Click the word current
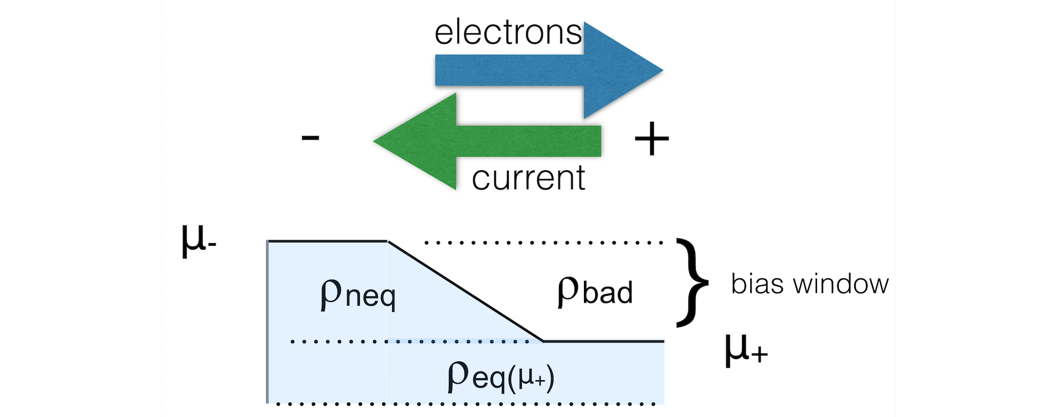coord(528,178)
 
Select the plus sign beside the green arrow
coord(651,139)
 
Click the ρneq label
coord(358,293)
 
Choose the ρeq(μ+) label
coord(501,376)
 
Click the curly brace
coord(692,282)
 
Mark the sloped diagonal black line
coord(466,291)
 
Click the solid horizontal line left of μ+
coord(604,341)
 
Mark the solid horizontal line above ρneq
coord(328,241)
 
